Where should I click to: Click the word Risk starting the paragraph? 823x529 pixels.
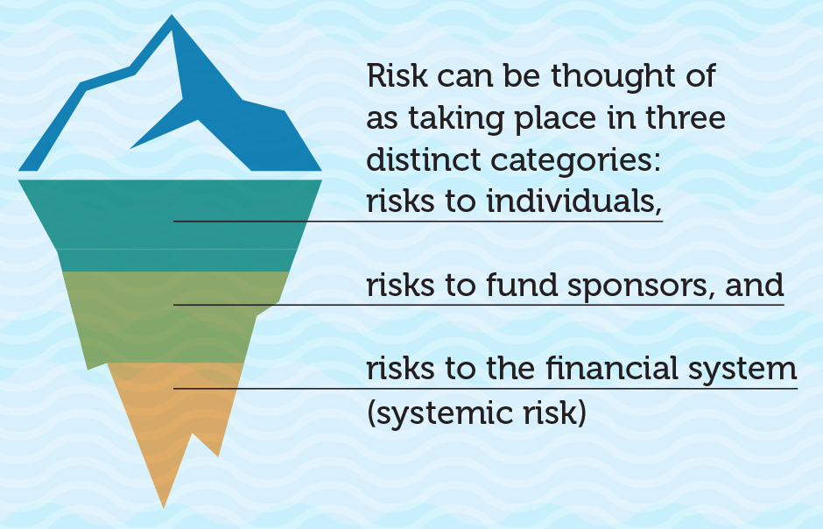pyautogui.click(x=397, y=75)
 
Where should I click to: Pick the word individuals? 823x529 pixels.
pyautogui.click(x=573, y=201)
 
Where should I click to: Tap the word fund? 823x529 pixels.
pyautogui.click(x=521, y=285)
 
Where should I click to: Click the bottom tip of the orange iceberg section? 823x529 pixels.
pyautogui.click(x=163, y=507)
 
